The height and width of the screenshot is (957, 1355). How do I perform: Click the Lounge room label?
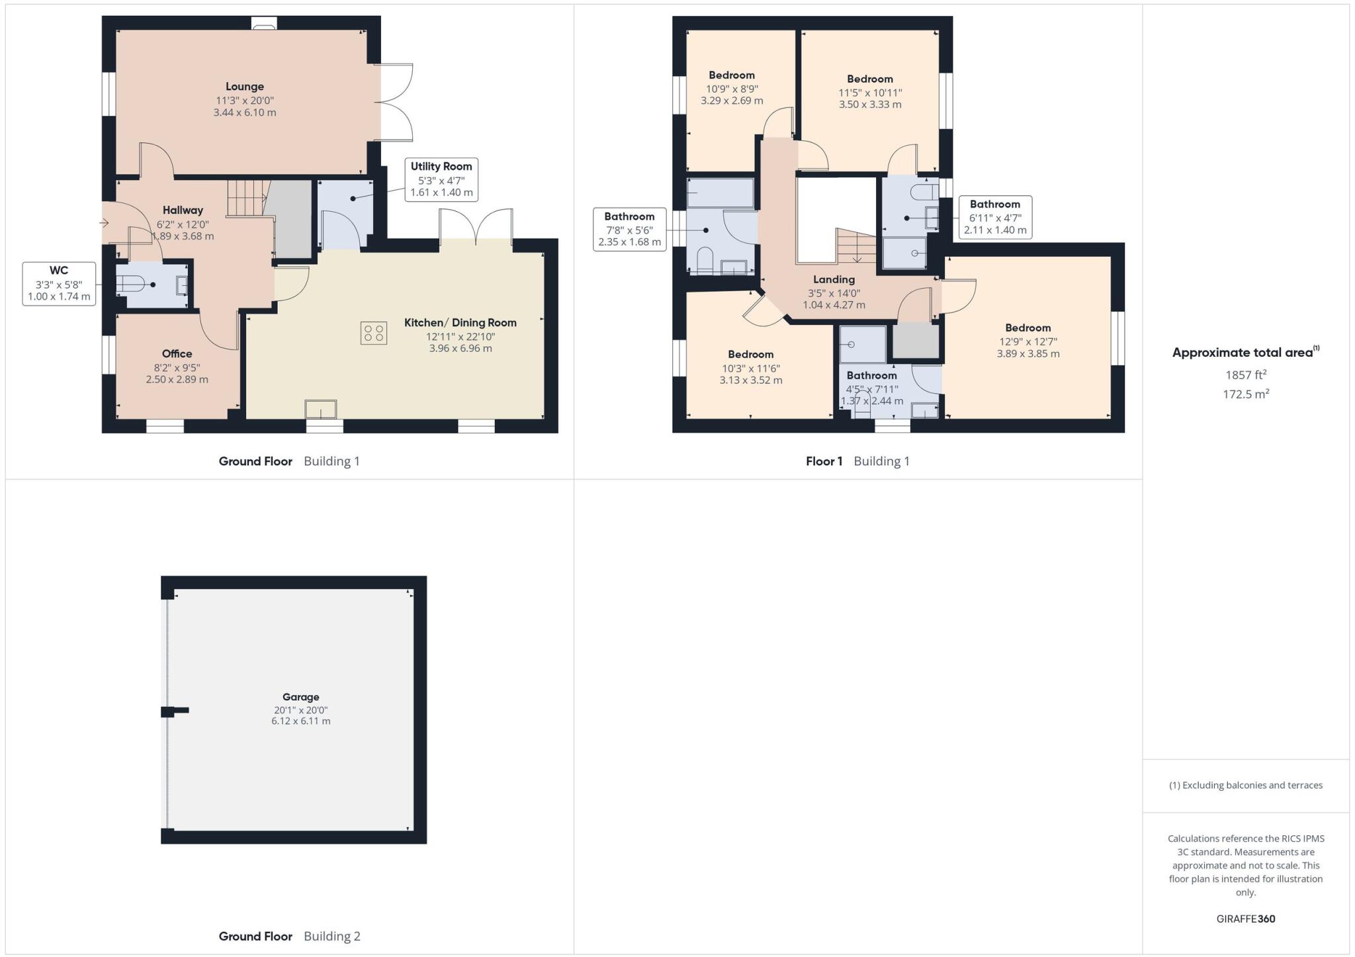pos(244,87)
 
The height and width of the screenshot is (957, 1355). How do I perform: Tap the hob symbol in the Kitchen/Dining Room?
pos(373,333)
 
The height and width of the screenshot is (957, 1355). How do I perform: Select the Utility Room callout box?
pos(441,179)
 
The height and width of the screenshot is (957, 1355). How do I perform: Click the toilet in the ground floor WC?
pos(131,285)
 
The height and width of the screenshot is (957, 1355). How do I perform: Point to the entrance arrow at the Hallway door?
pos(104,223)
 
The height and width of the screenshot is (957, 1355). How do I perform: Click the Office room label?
pos(177,354)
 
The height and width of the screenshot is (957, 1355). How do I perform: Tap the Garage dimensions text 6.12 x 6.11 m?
pos(300,721)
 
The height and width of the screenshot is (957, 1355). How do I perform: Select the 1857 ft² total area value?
pos(1245,375)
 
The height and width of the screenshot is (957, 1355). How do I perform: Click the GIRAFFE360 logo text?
pos(1245,919)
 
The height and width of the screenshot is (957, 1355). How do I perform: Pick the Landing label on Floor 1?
pos(834,280)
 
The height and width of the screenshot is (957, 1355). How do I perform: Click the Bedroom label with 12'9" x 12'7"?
pos(1027,328)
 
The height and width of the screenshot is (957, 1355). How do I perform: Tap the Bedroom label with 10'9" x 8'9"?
pos(731,75)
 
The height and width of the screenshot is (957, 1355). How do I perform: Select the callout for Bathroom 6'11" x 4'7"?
pos(994,217)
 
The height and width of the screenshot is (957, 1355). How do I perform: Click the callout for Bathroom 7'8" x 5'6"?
pos(629,229)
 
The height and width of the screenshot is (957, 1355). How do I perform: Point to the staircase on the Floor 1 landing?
pos(856,246)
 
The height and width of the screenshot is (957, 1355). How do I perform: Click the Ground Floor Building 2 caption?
pos(289,936)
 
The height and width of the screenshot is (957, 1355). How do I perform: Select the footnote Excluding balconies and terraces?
pos(1245,786)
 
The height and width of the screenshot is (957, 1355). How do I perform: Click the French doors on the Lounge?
pos(394,103)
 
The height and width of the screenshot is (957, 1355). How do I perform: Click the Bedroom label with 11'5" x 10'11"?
pos(869,79)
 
